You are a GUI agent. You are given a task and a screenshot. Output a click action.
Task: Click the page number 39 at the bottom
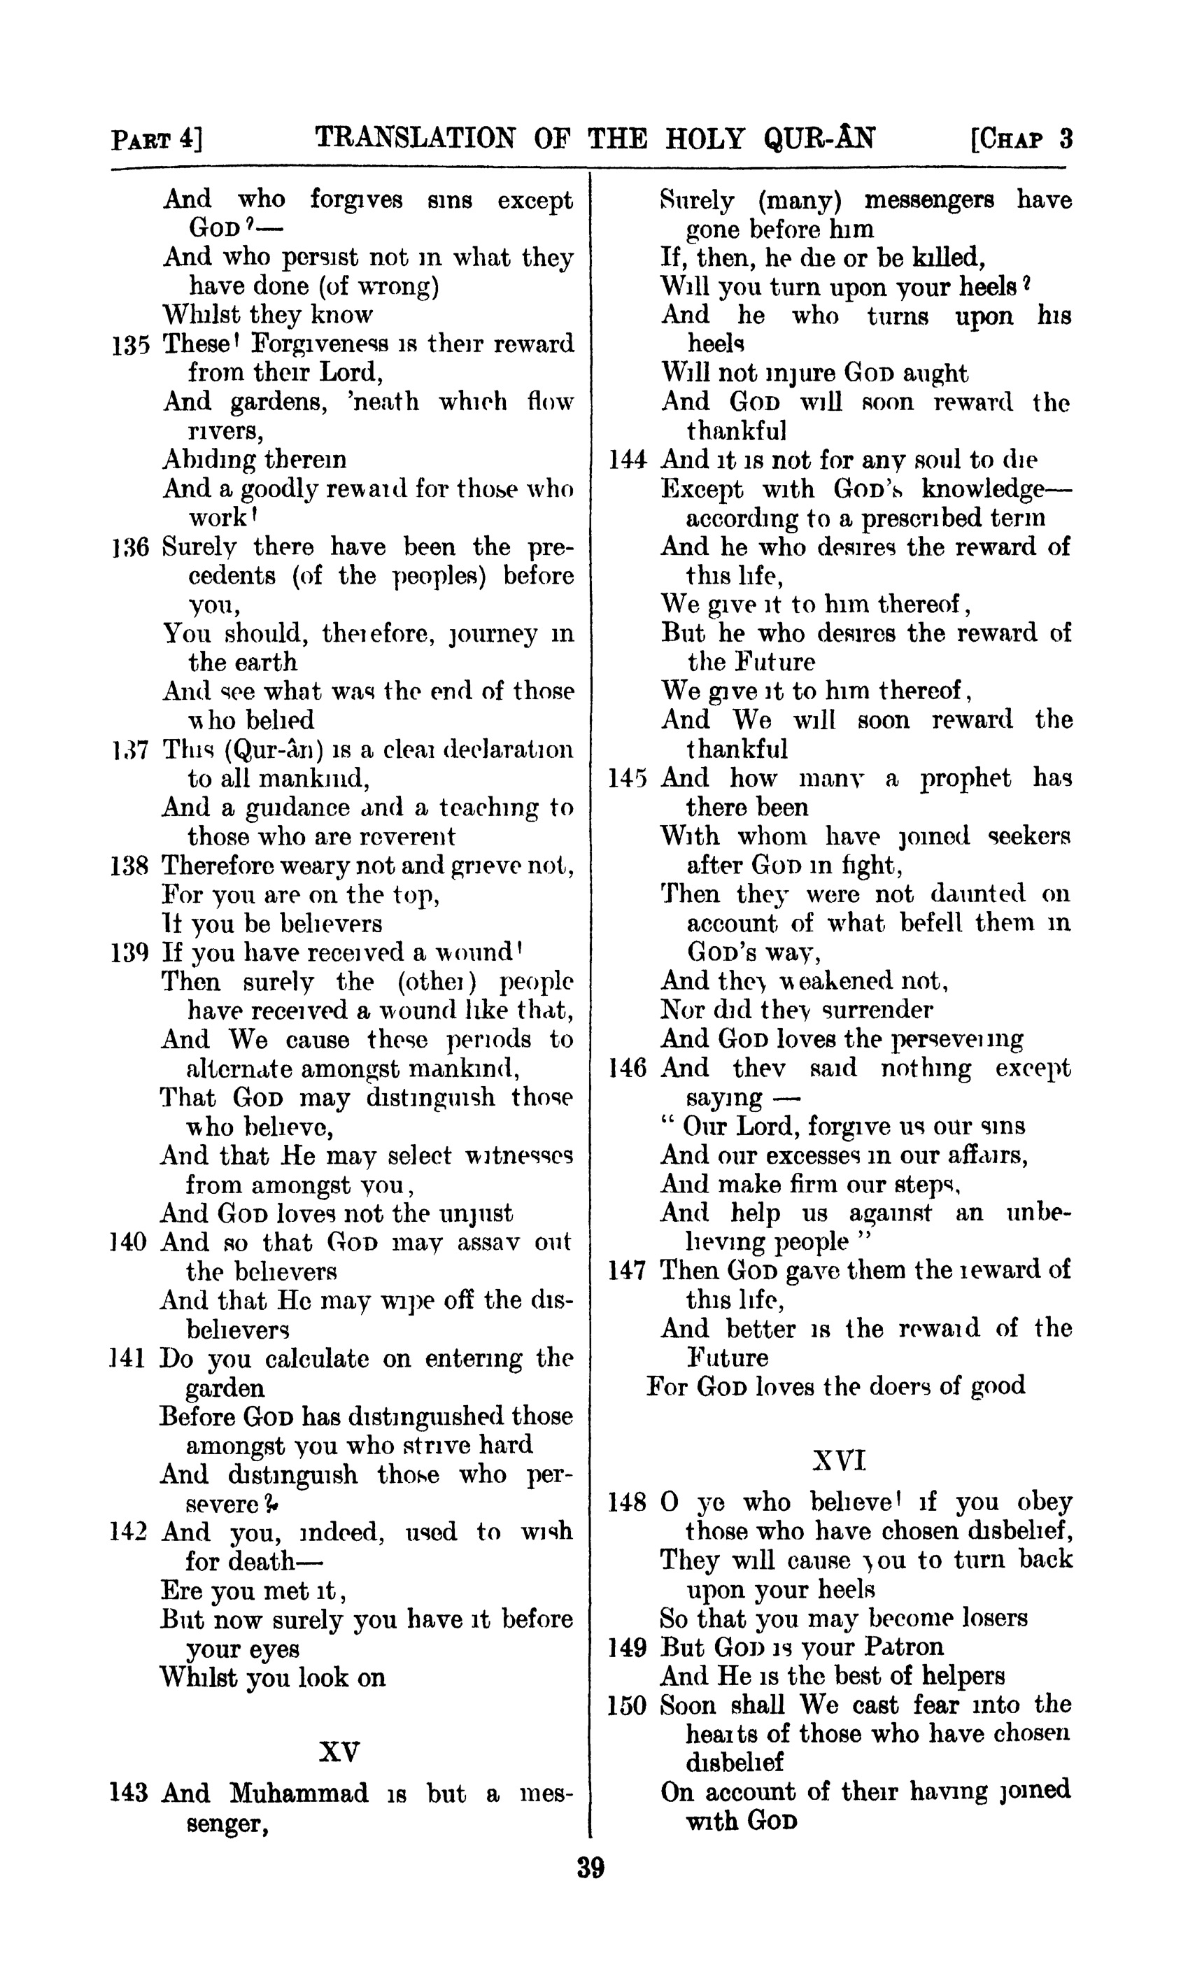click(590, 1866)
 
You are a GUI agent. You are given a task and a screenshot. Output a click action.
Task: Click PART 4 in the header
click(157, 140)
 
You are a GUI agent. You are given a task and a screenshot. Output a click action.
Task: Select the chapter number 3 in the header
click(1066, 139)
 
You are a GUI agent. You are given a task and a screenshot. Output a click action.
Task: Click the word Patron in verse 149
click(903, 1647)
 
